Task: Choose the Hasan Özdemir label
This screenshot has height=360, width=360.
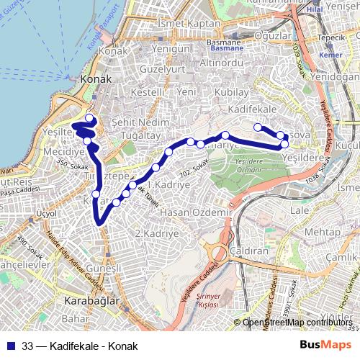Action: [x=194, y=212]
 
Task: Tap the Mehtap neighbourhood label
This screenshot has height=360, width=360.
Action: [x=322, y=232]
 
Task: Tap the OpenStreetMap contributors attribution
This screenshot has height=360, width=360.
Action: [x=297, y=323]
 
